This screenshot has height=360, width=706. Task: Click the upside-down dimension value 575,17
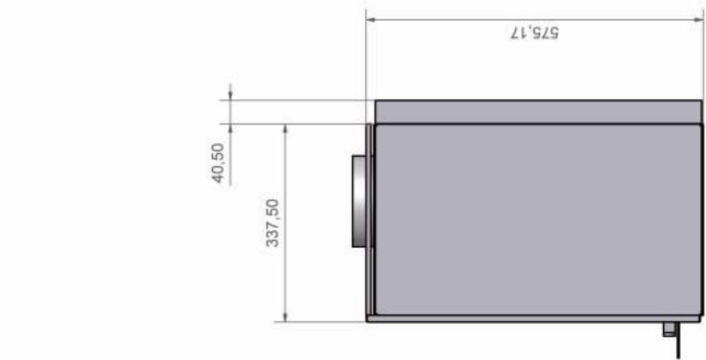click(x=535, y=33)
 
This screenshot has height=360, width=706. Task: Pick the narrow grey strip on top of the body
click(x=538, y=112)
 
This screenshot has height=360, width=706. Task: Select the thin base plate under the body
click(x=533, y=318)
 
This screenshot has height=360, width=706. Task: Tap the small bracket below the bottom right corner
click(x=669, y=329)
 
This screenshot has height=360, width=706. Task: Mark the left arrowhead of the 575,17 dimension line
click(x=370, y=19)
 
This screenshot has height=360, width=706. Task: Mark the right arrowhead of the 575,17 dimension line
click(x=697, y=19)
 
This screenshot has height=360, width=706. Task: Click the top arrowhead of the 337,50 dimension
click(x=285, y=128)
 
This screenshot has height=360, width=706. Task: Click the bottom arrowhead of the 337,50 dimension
click(x=285, y=317)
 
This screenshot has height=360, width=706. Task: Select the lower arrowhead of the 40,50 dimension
click(x=230, y=128)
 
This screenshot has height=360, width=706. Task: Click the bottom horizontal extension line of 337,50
click(x=318, y=321)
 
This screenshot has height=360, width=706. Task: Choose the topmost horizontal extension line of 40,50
click(x=291, y=100)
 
